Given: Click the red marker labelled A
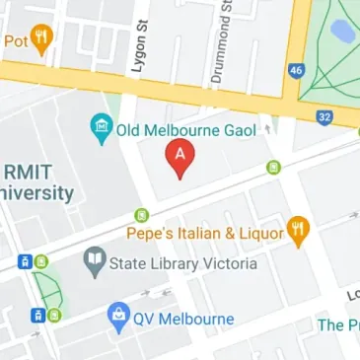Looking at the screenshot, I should (x=180, y=158).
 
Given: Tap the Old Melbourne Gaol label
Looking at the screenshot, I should (x=185, y=129).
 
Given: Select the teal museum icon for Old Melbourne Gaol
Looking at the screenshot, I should (x=100, y=127).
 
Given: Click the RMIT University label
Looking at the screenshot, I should (x=37, y=180).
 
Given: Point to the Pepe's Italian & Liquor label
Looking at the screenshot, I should (x=205, y=233).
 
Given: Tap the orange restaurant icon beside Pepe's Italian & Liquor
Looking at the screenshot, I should (x=299, y=231).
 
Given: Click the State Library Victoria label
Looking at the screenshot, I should (x=182, y=263).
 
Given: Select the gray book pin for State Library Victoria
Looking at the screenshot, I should (x=95, y=261).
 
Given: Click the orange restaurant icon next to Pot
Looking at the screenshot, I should (x=41, y=40).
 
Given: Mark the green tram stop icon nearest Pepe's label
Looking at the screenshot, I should (x=141, y=215).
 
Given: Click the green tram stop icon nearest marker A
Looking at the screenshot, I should (x=273, y=168).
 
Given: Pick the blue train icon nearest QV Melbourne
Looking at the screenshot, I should (x=37, y=316).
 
